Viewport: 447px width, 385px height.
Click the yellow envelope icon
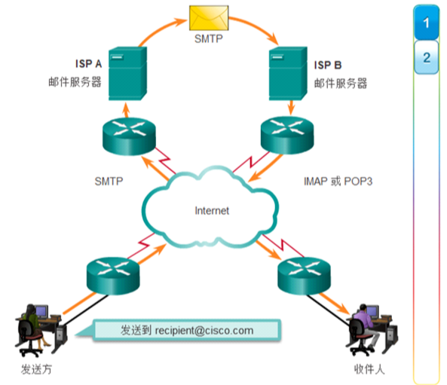pyautogui.click(x=209, y=17)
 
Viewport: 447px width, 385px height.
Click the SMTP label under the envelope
pyautogui.click(x=208, y=38)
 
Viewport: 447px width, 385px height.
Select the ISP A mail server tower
pyautogui.click(x=127, y=74)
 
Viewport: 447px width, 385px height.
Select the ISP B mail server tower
pyautogui.click(x=288, y=74)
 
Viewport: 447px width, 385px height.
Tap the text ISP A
pyautogui.click(x=88, y=64)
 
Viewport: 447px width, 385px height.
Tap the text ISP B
pyautogui.click(x=328, y=66)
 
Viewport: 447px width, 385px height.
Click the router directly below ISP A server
pyautogui.click(x=129, y=136)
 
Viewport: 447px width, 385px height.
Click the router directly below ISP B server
pyautogui.click(x=287, y=135)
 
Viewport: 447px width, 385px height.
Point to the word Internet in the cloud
pyautogui.click(x=212, y=211)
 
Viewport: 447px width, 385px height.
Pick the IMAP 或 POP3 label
pyautogui.click(x=338, y=182)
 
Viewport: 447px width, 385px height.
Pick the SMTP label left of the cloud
pyautogui.click(x=109, y=182)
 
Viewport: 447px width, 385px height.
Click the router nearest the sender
pyautogui.click(x=113, y=276)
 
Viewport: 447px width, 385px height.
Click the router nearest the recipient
pyautogui.click(x=305, y=276)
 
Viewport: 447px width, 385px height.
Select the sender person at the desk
pyautogui.click(x=32, y=328)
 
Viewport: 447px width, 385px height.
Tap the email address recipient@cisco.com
pyautogui.click(x=204, y=331)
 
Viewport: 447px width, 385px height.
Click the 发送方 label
pyautogui.click(x=36, y=369)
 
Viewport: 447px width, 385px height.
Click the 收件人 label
pyautogui.click(x=369, y=369)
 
